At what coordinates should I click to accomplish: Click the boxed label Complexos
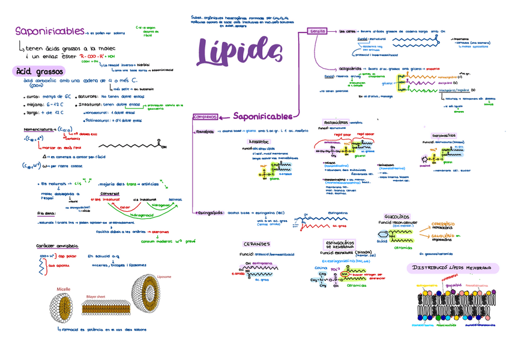pos(205,117)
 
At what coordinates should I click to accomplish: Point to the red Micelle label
pos(64,289)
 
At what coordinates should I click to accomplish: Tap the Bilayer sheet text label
pos(96,296)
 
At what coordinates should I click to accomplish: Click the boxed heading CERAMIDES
pos(257,244)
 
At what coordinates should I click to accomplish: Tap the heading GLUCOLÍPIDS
pos(397,217)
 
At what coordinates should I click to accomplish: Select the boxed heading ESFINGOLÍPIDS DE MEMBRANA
pos(339,244)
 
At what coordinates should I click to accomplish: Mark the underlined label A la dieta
pos(47,212)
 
